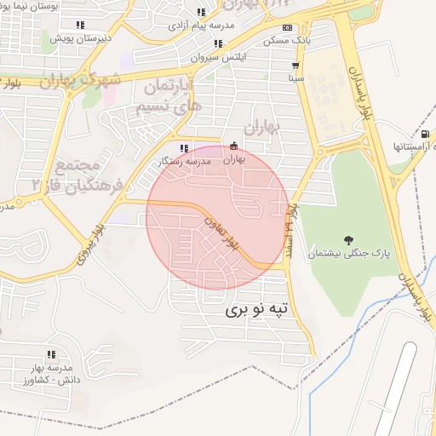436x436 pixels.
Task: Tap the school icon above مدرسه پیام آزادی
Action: [x=201, y=12]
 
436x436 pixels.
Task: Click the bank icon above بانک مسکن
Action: [x=287, y=27]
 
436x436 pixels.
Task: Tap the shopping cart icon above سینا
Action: [x=295, y=65]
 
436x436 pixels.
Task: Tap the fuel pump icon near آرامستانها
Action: [x=424, y=134]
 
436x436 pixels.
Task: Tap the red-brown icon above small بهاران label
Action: [x=235, y=145]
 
